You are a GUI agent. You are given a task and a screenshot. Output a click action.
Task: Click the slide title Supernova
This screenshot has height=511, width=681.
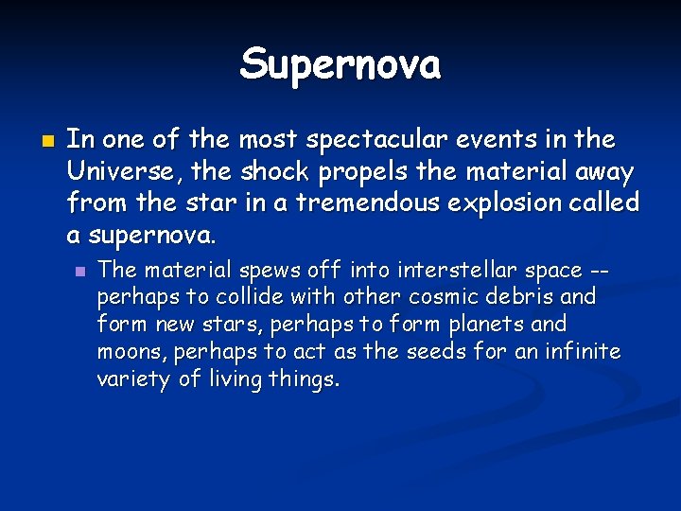[x=340, y=65]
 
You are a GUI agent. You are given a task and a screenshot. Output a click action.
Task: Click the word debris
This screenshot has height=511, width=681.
[x=522, y=297]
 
